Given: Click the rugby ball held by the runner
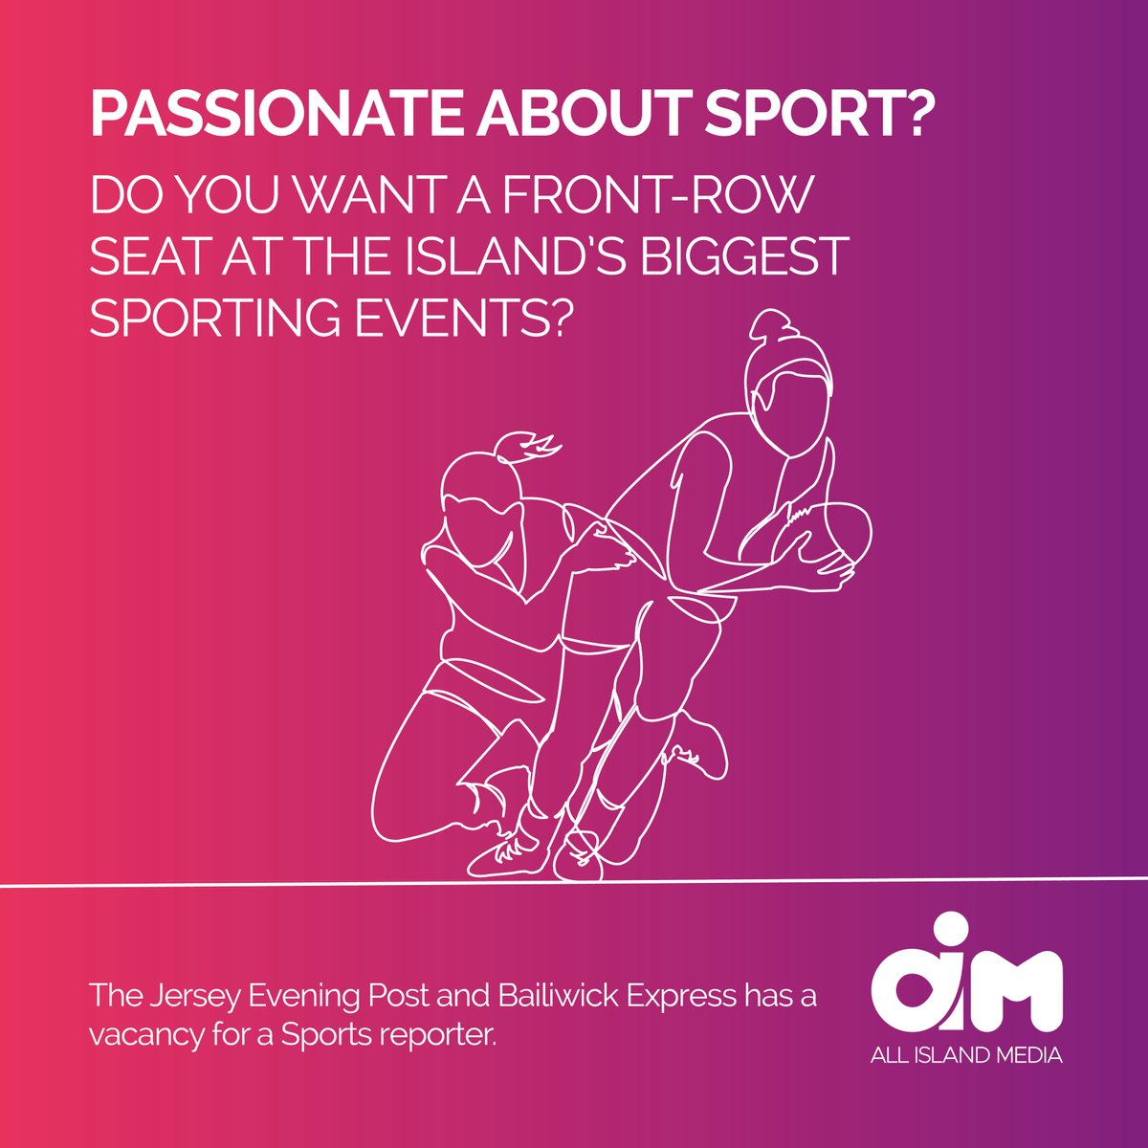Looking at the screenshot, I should coord(832,536).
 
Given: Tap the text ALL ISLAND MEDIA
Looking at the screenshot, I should coord(967,1056).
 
